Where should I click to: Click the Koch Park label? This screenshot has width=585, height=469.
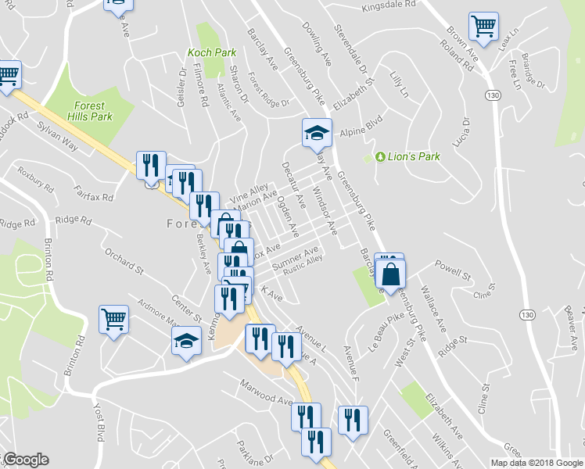(x=211, y=53)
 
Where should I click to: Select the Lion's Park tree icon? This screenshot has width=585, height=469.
(x=380, y=157)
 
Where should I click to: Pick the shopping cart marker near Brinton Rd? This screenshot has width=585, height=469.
(x=113, y=320)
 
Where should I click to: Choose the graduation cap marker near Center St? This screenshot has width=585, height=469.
(x=186, y=341)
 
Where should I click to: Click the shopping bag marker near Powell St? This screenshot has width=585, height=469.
(x=391, y=274)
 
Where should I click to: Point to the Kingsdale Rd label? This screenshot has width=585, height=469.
(x=387, y=8)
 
